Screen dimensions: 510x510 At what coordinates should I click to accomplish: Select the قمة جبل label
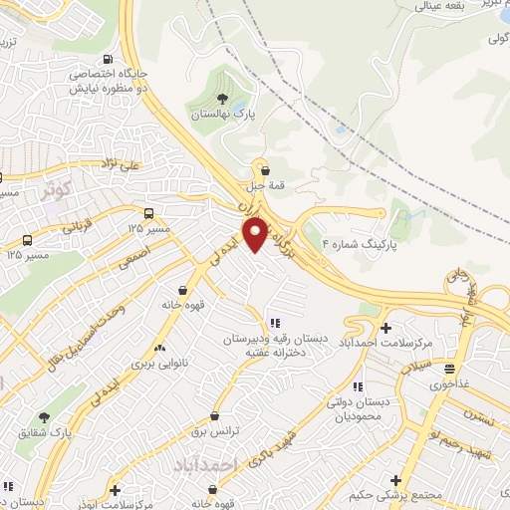click(x=264, y=184)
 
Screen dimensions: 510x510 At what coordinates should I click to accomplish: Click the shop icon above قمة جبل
click(x=264, y=170)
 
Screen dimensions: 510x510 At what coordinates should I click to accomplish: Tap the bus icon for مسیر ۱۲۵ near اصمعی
click(x=148, y=213)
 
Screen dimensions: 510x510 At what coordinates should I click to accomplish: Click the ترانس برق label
click(x=215, y=430)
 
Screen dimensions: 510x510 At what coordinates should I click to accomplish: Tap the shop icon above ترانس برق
click(x=215, y=415)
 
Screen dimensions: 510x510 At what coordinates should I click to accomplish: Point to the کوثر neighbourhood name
click(x=57, y=187)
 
